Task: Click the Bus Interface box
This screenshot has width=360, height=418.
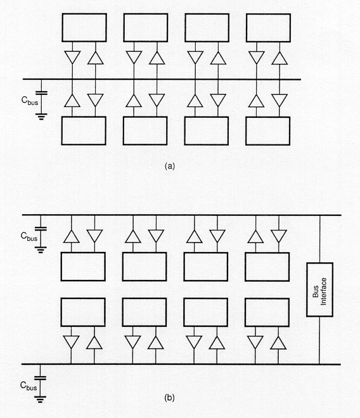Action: pyautogui.click(x=319, y=289)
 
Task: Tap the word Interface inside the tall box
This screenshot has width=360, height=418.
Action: pyautogui.click(x=323, y=291)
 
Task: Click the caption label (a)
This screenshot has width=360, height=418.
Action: pyautogui.click(x=170, y=166)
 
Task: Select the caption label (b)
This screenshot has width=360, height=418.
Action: pyautogui.click(x=170, y=398)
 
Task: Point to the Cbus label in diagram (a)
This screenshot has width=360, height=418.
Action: pyautogui.click(x=30, y=101)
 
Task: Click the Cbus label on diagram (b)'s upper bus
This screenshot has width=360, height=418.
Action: pyautogui.click(x=29, y=236)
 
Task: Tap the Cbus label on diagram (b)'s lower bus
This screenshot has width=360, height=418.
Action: pyautogui.click(x=29, y=386)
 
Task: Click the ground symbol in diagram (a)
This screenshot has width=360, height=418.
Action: pyautogui.click(x=41, y=117)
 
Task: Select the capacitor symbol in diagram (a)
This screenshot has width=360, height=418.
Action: pyautogui.click(x=41, y=93)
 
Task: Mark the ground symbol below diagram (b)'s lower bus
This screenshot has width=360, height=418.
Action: pyautogui.click(x=40, y=399)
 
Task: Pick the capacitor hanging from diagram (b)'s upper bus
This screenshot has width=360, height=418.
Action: pyautogui.click(x=41, y=229)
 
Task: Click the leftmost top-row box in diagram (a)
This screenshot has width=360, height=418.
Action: pyautogui.click(x=84, y=28)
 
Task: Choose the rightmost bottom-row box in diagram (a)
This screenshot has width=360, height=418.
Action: pyautogui.click(x=267, y=131)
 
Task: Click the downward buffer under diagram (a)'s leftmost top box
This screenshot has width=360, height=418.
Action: pyautogui.click(x=72, y=57)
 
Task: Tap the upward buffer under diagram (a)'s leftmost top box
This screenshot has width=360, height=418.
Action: pyautogui.click(x=96, y=58)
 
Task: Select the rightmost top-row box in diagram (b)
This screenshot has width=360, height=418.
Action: pyautogui.click(x=267, y=267)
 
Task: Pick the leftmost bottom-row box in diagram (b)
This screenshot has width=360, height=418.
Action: pyautogui.click(x=83, y=312)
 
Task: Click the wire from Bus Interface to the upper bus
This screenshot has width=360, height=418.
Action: pyautogui.click(x=319, y=239)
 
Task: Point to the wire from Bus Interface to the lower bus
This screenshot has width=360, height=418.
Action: pyautogui.click(x=319, y=340)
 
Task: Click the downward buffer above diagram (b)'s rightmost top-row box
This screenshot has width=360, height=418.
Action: pyautogui.click(x=279, y=236)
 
